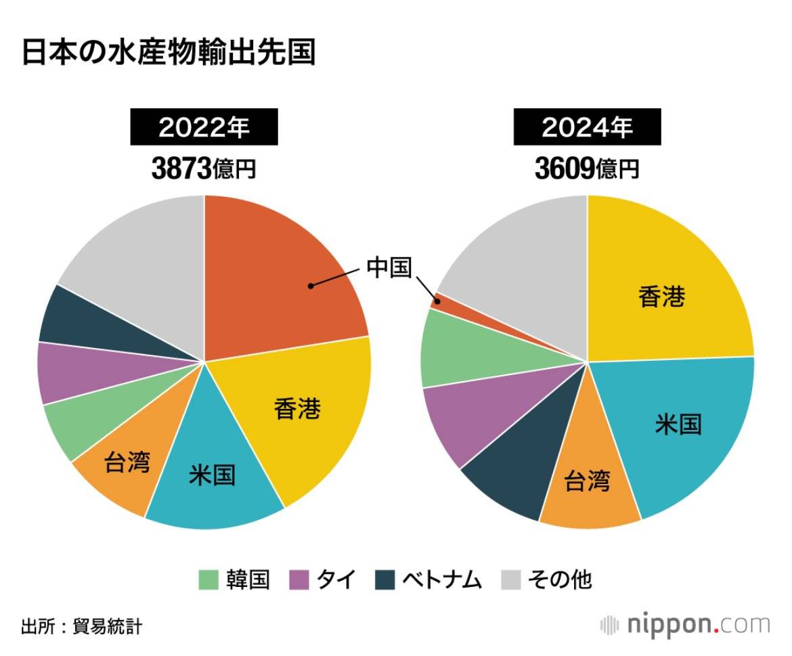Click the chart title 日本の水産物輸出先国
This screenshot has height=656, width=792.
pos(169,53)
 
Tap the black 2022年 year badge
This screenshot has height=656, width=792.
pos(204,127)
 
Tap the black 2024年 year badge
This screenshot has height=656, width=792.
pos(587,127)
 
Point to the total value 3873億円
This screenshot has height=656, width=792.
pos(204,169)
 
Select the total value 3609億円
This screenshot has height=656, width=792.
pos(587,169)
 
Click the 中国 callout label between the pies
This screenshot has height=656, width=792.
pos(389,267)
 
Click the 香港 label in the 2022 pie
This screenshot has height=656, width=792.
pos(297,409)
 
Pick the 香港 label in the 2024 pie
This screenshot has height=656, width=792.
pos(662,297)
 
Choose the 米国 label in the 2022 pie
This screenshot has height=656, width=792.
pos(212,475)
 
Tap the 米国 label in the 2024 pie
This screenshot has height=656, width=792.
pos(678,424)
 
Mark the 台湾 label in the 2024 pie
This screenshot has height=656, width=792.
pos(587,481)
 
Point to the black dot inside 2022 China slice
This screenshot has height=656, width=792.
pos(310,286)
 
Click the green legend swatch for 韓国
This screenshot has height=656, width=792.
pos(208,580)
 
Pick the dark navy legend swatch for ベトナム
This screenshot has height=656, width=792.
pos(384,580)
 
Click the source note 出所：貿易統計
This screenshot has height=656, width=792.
pos(81,626)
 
